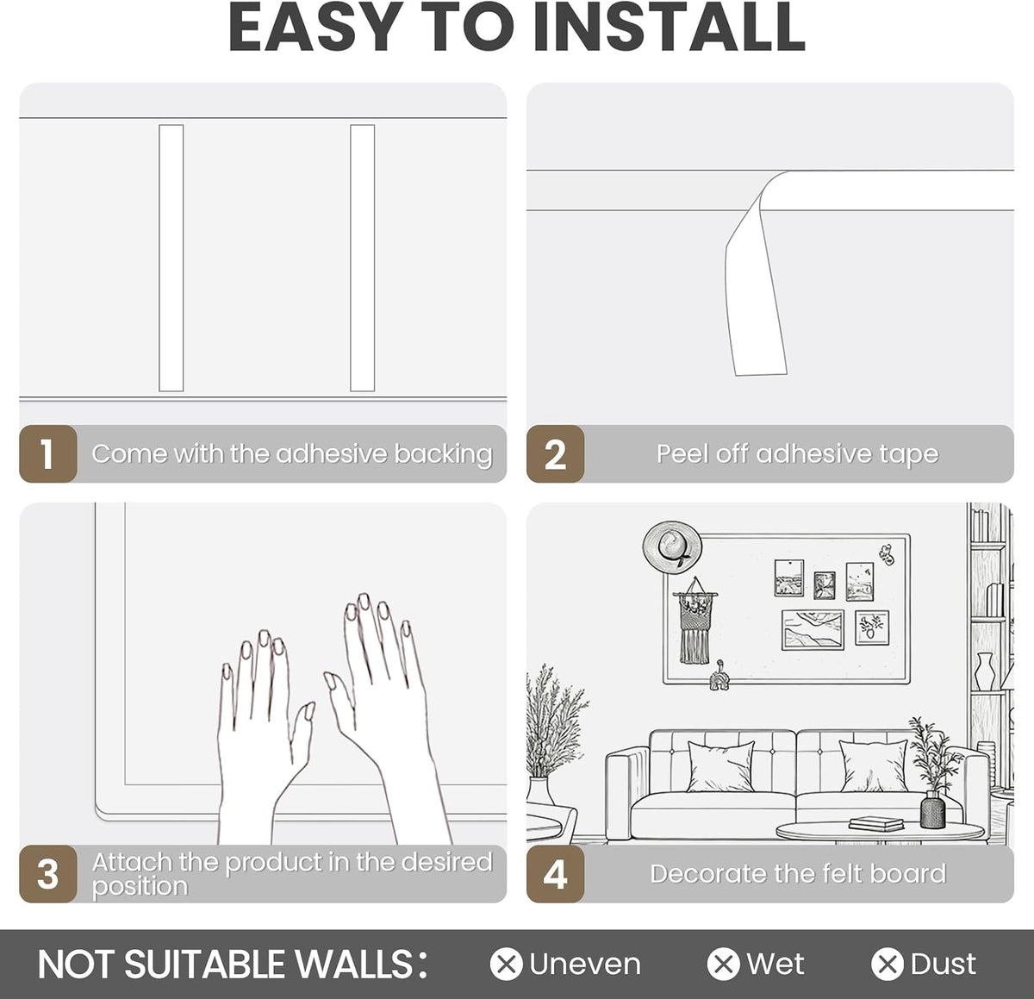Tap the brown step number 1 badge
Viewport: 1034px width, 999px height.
[x=47, y=453]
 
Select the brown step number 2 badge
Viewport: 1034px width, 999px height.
[x=555, y=453]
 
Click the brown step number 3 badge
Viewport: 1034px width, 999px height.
[x=47, y=874]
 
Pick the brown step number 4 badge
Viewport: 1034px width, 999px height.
[x=555, y=874]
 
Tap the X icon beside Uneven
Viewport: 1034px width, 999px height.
[x=506, y=964]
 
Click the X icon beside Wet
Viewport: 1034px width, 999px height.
[x=723, y=964]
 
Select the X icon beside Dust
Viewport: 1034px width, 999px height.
[x=888, y=964]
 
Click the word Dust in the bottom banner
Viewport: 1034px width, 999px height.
[x=944, y=964]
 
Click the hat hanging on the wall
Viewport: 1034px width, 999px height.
[x=672, y=548]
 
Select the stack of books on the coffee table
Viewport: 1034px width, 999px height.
[x=876, y=824]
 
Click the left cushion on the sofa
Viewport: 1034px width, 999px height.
[x=721, y=765]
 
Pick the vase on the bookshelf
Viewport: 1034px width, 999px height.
[x=985, y=671]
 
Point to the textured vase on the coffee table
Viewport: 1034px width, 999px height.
[x=932, y=809]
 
